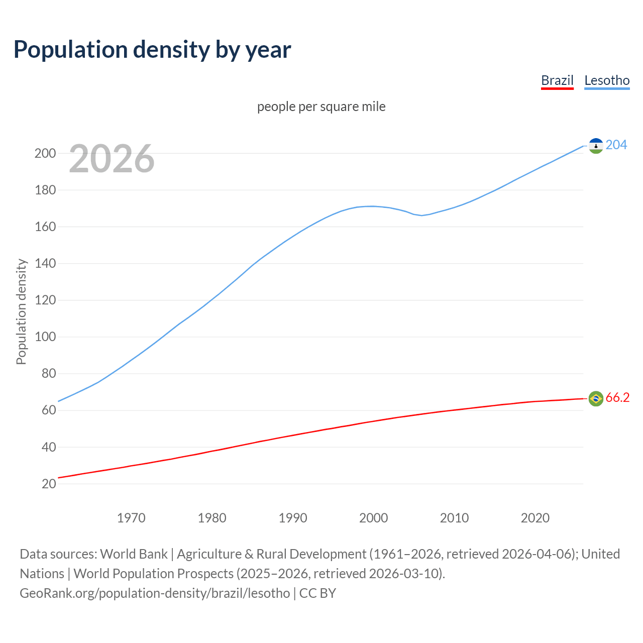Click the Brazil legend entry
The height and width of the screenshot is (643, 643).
point(557,80)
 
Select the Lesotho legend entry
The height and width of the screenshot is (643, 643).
point(607,80)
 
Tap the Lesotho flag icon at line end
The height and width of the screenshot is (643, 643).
point(596,146)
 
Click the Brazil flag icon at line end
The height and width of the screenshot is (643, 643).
point(596,398)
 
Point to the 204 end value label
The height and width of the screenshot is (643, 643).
point(616,145)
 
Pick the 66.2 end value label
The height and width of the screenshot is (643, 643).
point(617,398)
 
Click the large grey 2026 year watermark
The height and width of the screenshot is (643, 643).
point(112,159)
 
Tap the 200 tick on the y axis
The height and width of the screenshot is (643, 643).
point(45,154)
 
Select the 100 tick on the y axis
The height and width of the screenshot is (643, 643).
point(45,337)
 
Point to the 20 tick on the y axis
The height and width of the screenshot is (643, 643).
point(49,484)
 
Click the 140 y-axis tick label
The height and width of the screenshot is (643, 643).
point(45,264)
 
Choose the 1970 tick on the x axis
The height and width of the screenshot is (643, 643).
point(131,518)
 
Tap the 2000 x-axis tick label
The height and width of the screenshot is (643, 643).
point(373,518)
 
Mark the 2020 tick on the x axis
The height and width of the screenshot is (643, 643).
point(535,518)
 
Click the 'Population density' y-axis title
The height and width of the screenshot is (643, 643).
point(21,311)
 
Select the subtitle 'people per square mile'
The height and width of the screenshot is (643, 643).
point(321,107)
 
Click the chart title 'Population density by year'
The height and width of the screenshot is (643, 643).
point(152,50)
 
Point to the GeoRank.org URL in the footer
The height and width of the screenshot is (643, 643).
point(155,593)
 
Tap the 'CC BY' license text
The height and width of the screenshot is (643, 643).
point(317,593)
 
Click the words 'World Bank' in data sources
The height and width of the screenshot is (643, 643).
point(134,554)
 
